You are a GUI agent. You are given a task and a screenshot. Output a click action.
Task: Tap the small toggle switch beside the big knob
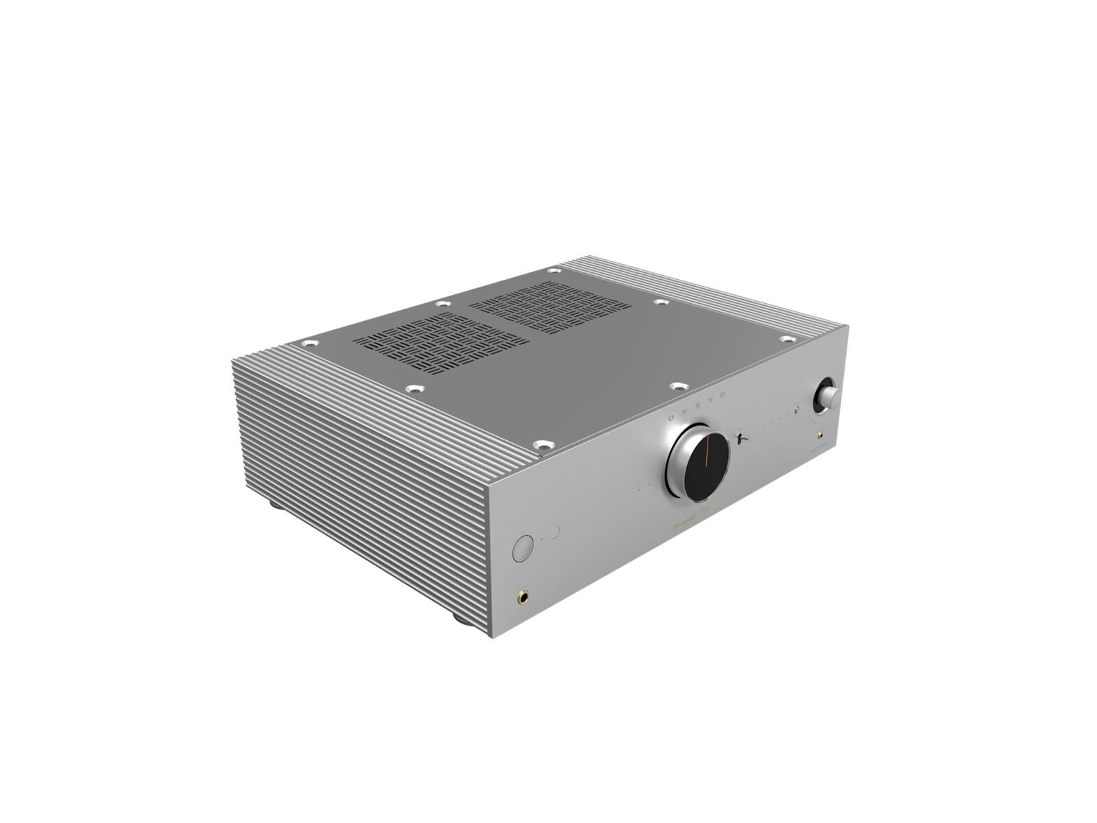click(x=741, y=437)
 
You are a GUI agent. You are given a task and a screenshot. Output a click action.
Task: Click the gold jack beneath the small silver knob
click(x=820, y=435)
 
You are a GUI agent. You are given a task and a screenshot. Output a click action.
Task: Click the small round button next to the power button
click(x=555, y=532)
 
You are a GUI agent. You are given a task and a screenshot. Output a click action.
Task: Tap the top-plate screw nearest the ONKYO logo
click(x=678, y=387)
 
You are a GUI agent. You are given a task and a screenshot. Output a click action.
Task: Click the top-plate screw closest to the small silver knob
click(x=787, y=339)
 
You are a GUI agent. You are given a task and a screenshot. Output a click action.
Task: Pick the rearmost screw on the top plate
click(x=553, y=271)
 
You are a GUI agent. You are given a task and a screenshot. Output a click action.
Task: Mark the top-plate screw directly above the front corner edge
click(x=543, y=444)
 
